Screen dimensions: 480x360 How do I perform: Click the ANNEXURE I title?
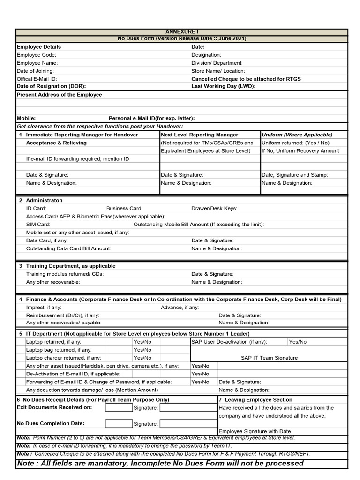point(182,31)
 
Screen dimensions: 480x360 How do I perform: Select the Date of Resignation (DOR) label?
point(52,86)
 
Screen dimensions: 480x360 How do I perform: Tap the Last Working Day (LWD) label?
point(223,86)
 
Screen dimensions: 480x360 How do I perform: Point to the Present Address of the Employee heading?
point(59,95)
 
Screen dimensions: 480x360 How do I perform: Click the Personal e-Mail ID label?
point(151,119)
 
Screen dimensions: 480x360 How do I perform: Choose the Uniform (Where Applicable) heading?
point(297,135)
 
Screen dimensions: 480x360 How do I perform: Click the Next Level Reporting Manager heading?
point(199,135)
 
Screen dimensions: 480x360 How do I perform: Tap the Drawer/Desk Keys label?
point(214,208)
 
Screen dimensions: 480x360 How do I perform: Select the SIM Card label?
point(38,225)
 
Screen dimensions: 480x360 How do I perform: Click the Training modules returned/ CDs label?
point(65,274)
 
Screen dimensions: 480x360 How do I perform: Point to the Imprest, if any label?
point(44,307)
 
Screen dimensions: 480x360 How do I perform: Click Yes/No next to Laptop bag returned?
point(142,350)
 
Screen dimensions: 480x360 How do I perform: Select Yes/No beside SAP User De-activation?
point(298,342)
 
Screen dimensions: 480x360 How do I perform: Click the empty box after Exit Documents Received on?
point(118,408)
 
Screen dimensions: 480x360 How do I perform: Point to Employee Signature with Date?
point(255,431)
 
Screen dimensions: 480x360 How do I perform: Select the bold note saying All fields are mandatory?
point(160,463)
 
